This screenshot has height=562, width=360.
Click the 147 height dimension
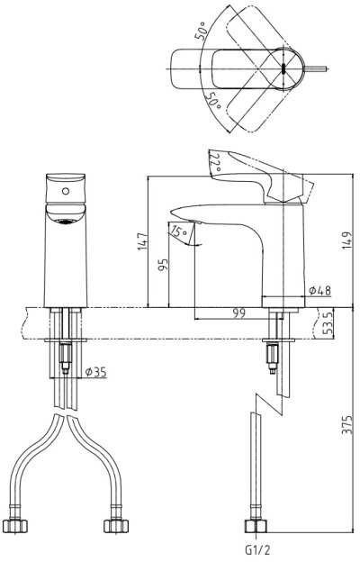142,241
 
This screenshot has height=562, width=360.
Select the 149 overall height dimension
346,240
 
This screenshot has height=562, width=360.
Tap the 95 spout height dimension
163,265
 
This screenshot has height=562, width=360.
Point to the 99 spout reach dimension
238,313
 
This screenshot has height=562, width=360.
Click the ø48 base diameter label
319,291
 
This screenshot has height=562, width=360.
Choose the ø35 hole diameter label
95,372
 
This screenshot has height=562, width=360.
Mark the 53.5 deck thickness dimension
327,323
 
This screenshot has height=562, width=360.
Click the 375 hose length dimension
346,425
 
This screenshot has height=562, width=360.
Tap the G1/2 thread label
256,548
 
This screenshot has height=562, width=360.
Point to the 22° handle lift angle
215,163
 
